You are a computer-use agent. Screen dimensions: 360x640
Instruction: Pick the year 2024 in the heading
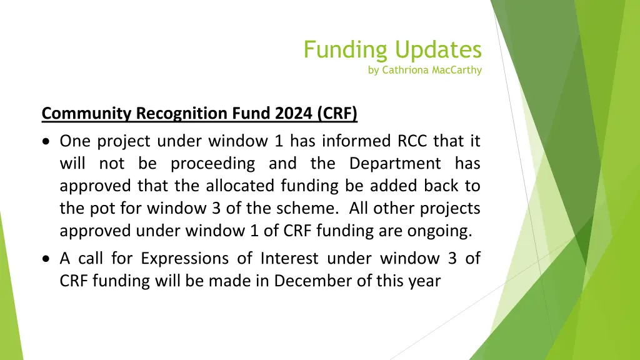tap(294, 114)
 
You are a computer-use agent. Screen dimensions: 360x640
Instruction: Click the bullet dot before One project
tap(47, 141)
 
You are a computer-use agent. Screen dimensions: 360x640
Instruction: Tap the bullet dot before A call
tap(47, 259)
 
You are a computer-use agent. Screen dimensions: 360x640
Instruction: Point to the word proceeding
tap(213, 164)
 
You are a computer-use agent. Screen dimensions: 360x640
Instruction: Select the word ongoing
tap(439, 231)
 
